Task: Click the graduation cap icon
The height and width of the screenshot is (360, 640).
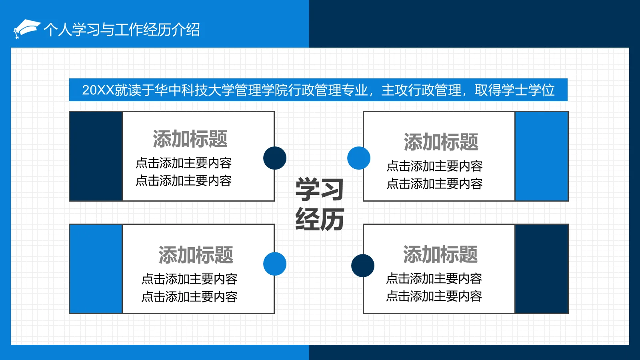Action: (x=26, y=29)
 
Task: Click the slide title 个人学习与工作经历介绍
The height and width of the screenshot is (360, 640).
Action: (x=122, y=30)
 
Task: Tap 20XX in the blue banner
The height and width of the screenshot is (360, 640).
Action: (x=98, y=90)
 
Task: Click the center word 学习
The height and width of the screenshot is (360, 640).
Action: (x=320, y=189)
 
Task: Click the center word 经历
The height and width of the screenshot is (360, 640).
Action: (x=320, y=219)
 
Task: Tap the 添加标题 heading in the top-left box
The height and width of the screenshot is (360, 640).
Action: (x=190, y=139)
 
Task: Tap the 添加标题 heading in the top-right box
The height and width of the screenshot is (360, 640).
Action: (x=441, y=142)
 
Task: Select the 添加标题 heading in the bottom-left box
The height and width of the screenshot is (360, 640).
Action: (x=196, y=255)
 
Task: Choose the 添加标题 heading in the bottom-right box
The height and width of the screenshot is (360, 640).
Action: (x=440, y=254)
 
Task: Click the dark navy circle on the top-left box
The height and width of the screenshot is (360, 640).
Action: (x=275, y=158)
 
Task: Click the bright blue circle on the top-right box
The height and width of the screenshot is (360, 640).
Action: (x=359, y=158)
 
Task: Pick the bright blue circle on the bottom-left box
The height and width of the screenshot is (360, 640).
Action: (x=275, y=264)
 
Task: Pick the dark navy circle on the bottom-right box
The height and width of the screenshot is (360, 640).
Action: (x=363, y=266)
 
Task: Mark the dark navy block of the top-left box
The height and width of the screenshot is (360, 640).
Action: (x=96, y=156)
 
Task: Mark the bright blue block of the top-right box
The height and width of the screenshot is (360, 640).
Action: (x=542, y=156)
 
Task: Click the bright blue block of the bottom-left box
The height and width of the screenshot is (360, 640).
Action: (x=96, y=269)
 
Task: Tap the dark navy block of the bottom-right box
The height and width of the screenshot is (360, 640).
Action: (x=542, y=269)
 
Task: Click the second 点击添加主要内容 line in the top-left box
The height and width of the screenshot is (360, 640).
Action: (x=184, y=181)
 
